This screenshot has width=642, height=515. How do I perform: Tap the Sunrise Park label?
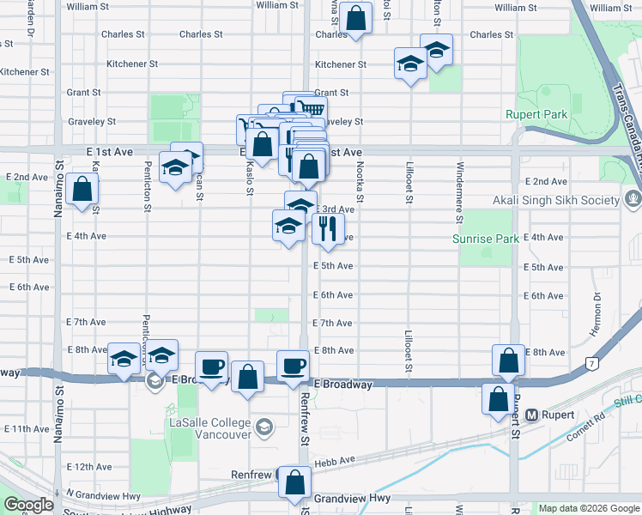[486, 238]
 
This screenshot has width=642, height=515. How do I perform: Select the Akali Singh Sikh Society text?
[555, 200]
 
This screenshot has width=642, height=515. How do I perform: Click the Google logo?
[28, 505]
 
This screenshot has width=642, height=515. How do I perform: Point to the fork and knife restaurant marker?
[326, 228]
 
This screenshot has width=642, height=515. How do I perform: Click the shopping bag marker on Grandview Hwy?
[294, 483]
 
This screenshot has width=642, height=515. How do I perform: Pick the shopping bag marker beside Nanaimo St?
[82, 190]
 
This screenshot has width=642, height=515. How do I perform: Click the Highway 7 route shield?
[591, 365]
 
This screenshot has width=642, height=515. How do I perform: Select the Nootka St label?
[360, 185]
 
